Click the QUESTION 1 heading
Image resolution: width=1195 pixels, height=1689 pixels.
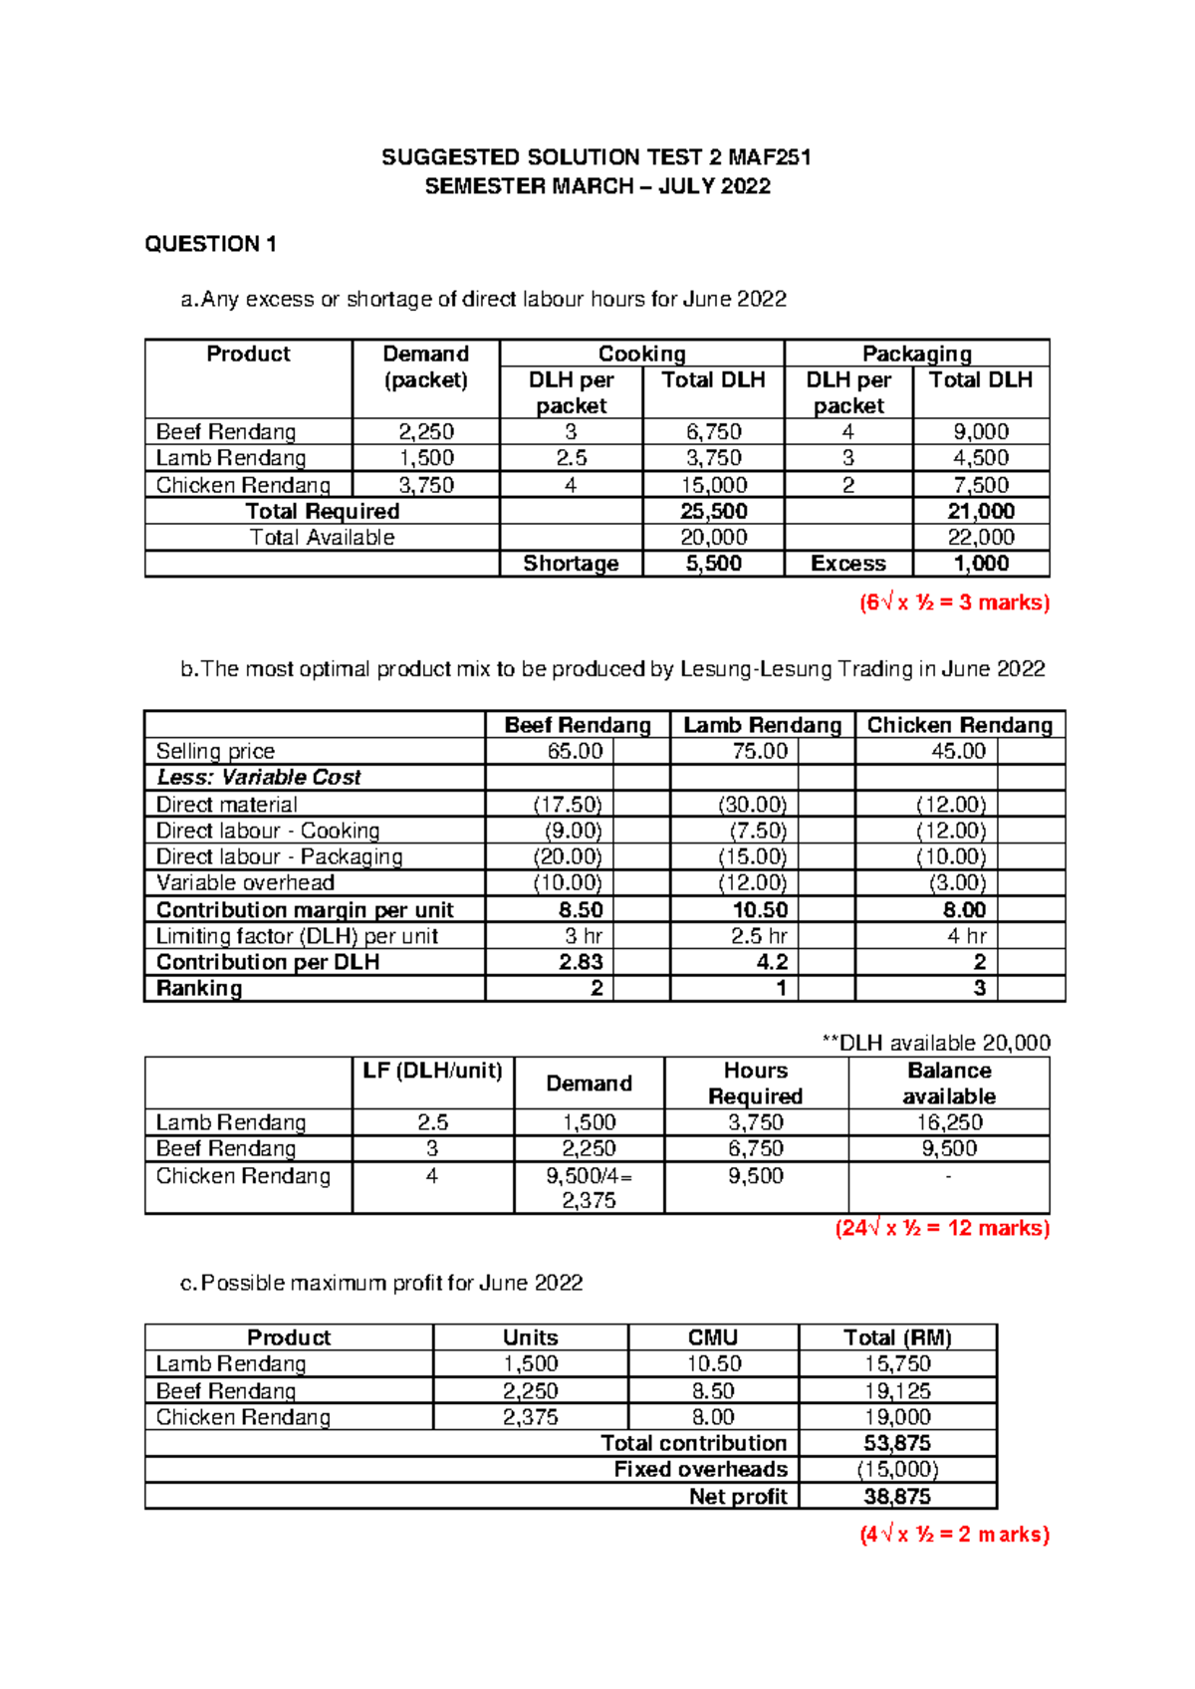[210, 244]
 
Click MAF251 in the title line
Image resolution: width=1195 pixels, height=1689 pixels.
[769, 157]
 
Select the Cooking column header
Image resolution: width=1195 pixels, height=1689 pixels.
[641, 354]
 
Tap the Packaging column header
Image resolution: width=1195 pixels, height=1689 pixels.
[916, 354]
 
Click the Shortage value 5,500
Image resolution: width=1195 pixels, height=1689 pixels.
[713, 564]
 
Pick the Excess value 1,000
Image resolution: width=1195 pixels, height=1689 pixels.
[981, 564]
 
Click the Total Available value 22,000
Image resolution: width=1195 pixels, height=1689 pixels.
[981, 538]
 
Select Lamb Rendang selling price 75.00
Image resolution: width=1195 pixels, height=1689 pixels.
[759, 751]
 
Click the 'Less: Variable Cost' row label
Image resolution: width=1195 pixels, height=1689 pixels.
[259, 778]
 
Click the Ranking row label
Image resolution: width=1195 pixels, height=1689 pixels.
[199, 989]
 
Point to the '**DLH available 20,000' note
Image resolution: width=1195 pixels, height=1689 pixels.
[935, 1043]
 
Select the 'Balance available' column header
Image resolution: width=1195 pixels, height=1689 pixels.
[948, 1084]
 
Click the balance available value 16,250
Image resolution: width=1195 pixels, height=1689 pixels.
[948, 1122]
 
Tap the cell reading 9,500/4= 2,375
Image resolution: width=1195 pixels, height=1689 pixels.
[589, 1188]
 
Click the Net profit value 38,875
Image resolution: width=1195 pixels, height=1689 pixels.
[896, 1497]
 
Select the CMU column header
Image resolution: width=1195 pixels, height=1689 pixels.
[713, 1337]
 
